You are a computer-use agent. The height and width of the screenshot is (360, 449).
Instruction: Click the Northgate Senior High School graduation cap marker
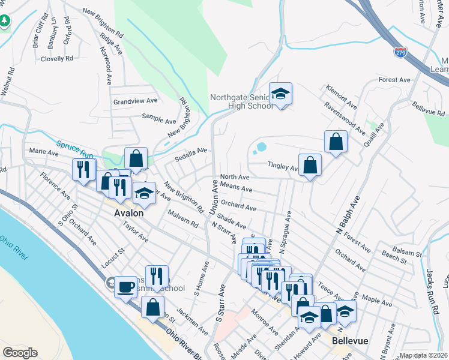pos(280,94)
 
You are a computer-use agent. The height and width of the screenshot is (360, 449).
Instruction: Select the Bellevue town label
pos(350,340)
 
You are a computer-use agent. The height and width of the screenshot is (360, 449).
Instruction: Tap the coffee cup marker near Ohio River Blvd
pos(125,287)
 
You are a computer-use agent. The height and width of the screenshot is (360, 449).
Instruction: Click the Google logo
pos(20,353)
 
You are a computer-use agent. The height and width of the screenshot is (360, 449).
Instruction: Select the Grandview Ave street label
pos(135,102)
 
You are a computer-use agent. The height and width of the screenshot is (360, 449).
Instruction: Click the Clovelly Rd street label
pos(57,59)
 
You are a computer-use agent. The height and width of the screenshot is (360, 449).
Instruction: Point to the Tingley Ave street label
pos(283,166)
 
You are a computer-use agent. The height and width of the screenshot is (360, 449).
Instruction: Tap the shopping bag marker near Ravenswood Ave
pos(336,142)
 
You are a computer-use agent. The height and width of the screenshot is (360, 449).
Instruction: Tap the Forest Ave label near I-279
pos(394,80)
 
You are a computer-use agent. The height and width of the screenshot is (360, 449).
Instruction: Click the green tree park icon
pos(5,21)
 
